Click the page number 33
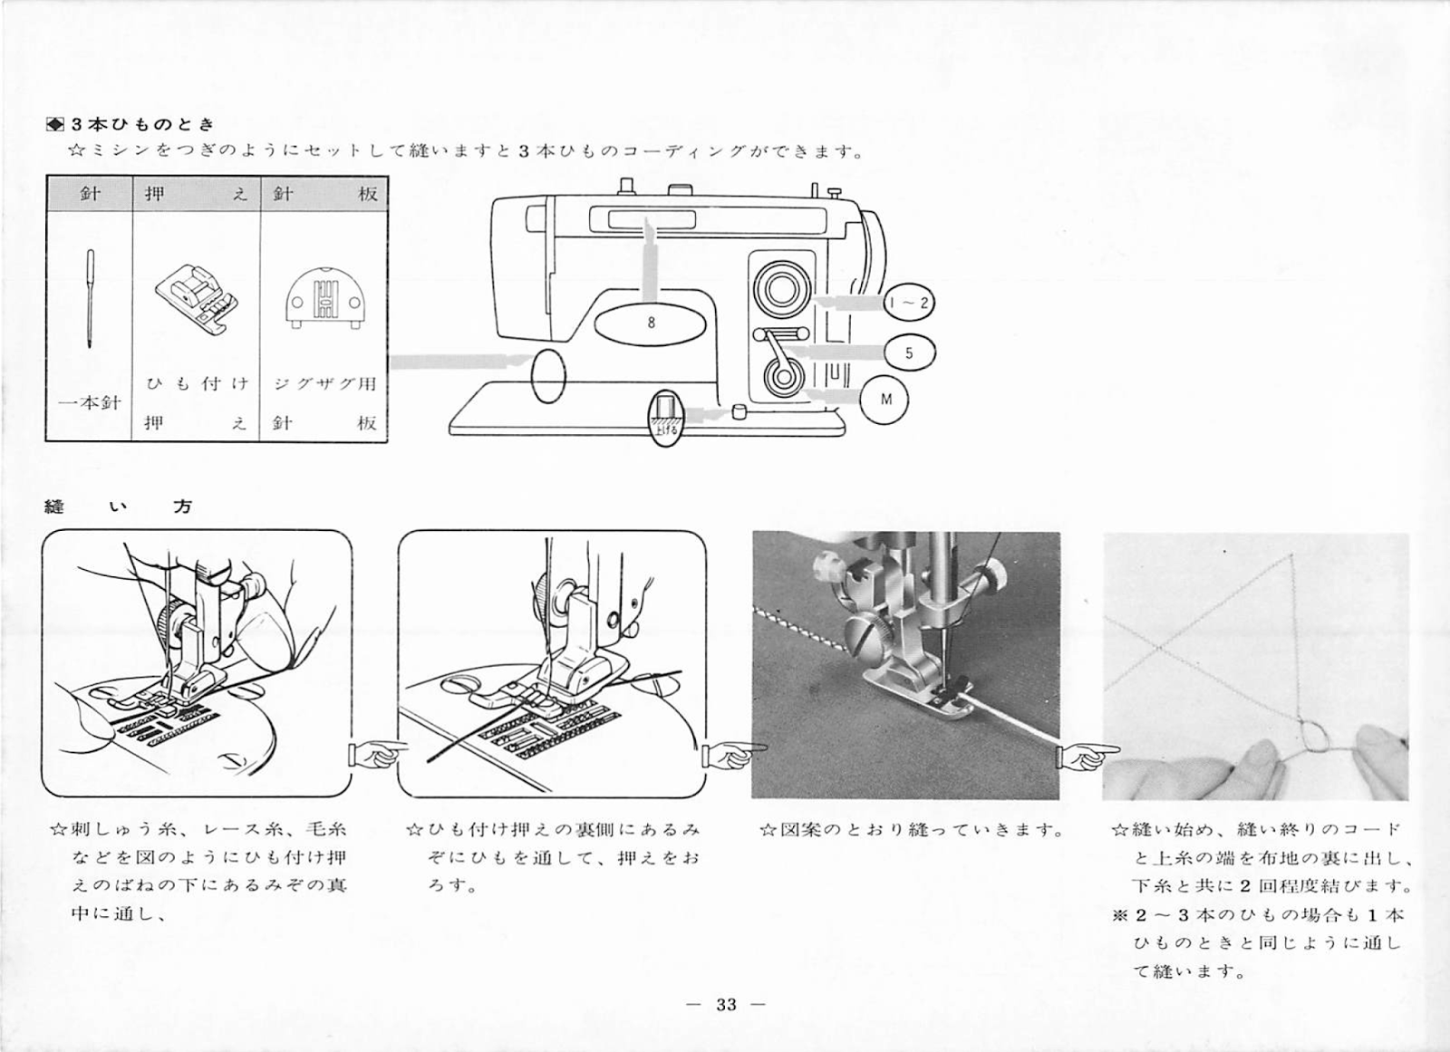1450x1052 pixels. [726, 1005]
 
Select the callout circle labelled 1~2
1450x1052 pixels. [909, 303]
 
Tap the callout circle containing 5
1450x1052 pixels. [910, 352]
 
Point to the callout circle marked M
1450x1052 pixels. [884, 400]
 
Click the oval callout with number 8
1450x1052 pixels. [651, 322]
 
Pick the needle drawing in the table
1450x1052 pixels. [90, 298]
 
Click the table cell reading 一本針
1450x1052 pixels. [90, 402]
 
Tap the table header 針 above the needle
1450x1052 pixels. [90, 193]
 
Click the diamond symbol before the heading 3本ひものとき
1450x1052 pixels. [54, 123]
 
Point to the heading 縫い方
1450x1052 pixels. [119, 507]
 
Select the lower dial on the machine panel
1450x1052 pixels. [783, 378]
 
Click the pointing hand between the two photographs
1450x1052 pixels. [1088, 756]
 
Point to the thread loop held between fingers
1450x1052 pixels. [1315, 738]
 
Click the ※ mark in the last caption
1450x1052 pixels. [1119, 915]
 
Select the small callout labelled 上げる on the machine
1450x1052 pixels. [665, 418]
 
